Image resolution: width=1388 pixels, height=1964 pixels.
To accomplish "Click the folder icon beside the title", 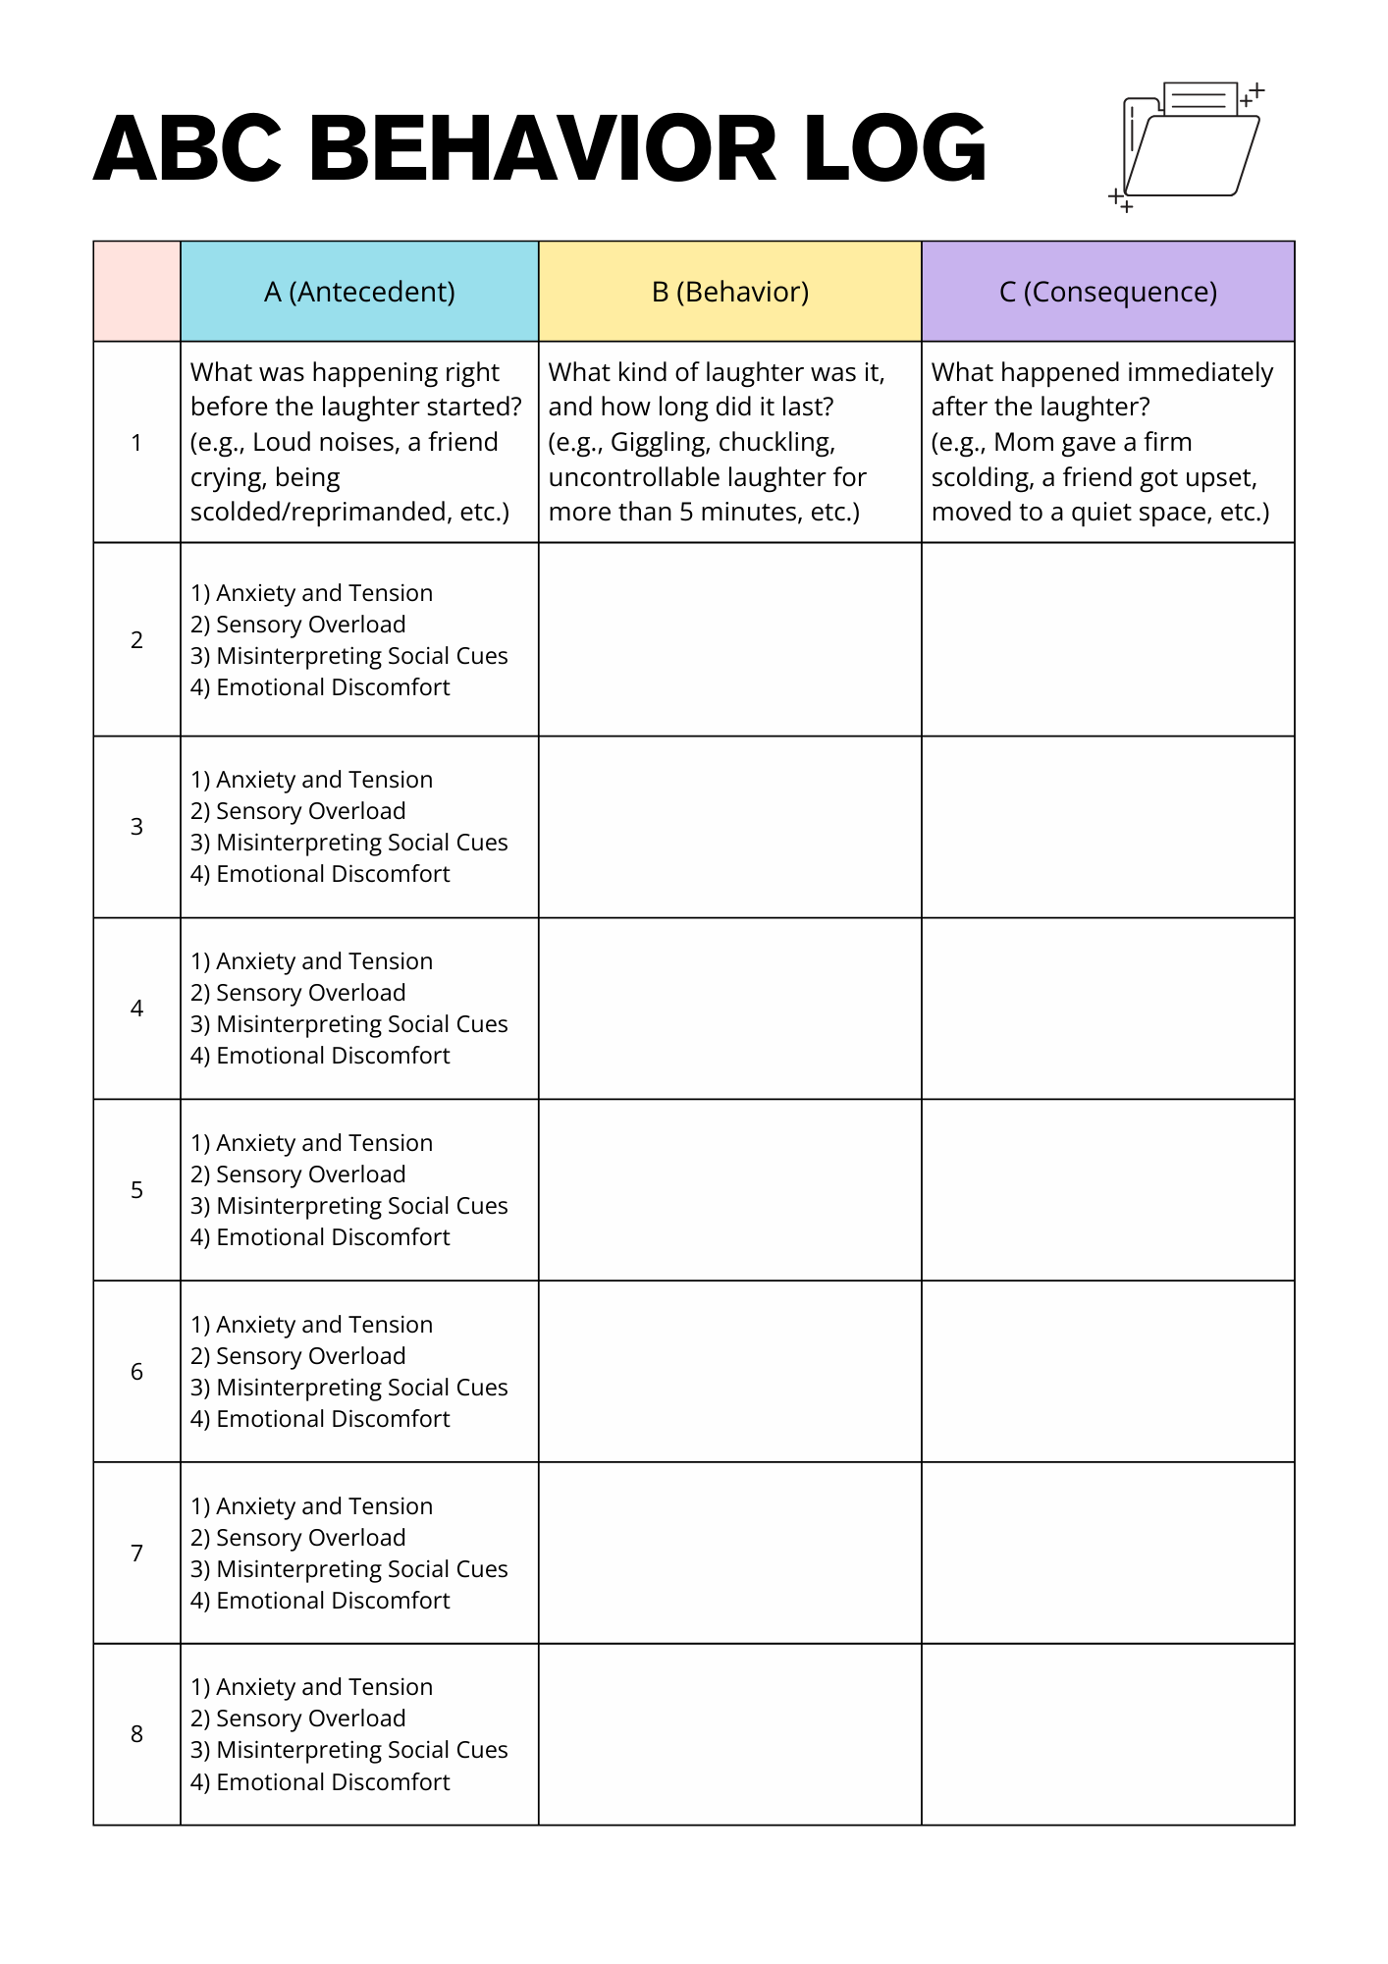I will coord(1189,142).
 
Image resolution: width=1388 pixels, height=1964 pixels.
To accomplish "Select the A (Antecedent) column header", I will coord(359,292).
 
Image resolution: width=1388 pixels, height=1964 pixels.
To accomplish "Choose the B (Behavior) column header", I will coord(730,292).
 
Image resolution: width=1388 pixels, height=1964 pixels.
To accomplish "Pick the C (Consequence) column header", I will coord(1107,292).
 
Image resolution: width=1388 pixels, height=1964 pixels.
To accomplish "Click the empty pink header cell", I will coord(136,292).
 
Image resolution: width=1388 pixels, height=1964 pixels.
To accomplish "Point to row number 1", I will coord(136,443).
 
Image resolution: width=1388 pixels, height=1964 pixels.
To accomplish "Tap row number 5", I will coord(136,1190).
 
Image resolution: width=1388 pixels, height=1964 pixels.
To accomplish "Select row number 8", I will coord(136,1734).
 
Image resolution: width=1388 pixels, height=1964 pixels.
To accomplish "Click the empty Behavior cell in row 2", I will coord(730,639).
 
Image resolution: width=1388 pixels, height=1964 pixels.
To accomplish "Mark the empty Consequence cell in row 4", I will coord(1107,1009).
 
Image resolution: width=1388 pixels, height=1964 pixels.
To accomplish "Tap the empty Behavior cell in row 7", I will coord(730,1553).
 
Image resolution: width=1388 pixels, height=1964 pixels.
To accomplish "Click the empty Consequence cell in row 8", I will coord(1107,1734).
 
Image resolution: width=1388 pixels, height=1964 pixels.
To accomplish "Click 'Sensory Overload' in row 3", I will coord(310,811).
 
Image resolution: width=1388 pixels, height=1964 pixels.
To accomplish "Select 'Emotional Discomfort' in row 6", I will coord(332,1419).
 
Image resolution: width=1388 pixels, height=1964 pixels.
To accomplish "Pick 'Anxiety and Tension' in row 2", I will coord(324,593).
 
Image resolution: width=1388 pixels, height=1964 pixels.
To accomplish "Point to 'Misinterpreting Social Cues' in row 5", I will coord(361,1206).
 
